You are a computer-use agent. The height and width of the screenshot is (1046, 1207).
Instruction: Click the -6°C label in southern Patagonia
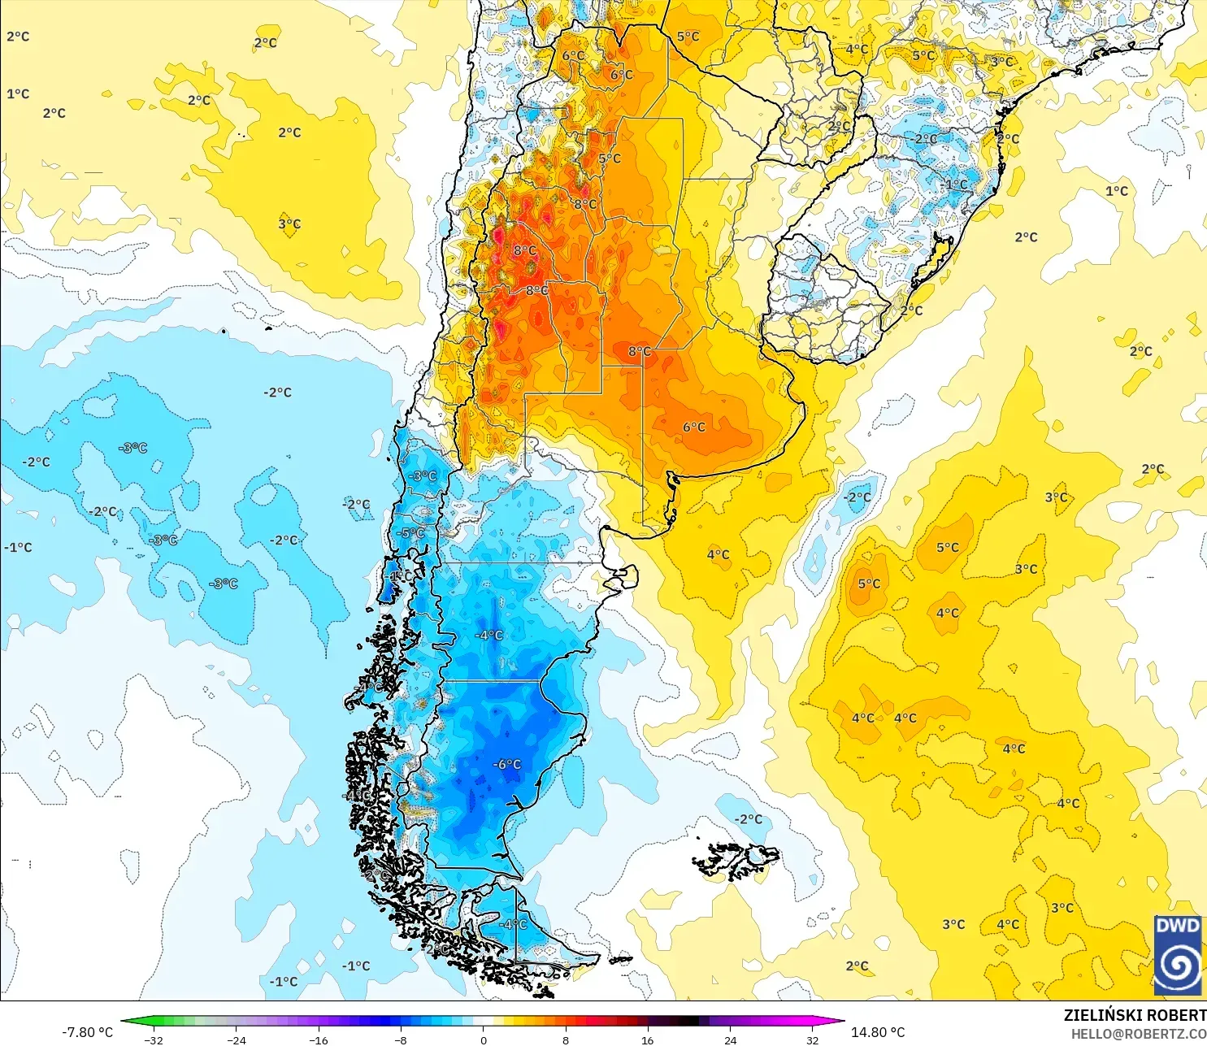pos(508,764)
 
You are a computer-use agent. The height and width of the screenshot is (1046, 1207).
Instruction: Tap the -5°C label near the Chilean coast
pos(412,533)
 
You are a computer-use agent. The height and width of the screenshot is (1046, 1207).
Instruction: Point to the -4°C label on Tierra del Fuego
pos(513,924)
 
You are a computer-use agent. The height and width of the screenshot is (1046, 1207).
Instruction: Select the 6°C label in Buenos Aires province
pos(694,427)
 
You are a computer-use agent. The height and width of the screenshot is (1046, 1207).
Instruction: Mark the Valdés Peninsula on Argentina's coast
pos(623,577)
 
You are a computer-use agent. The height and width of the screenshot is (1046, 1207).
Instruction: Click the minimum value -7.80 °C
pos(88,1032)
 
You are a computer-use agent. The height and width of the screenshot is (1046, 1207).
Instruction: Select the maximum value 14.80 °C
pos(878,1032)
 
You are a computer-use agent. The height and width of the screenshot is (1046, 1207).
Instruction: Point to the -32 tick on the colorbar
pos(154,1039)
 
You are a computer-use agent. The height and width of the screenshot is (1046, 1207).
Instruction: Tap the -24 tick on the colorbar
pos(236,1039)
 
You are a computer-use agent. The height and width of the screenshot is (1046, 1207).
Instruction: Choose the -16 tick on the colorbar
pos(319,1039)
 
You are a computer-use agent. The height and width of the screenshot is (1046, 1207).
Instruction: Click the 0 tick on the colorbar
pos(484,1039)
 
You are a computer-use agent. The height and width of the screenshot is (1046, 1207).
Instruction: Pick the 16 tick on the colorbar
pos(647,1039)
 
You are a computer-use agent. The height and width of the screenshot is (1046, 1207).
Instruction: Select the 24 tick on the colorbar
pos(730,1039)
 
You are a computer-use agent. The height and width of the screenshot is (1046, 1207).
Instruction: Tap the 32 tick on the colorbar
pos(812,1039)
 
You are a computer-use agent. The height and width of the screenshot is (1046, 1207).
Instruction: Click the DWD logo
pos(1178,955)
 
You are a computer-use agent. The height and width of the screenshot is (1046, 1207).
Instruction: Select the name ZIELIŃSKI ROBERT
pos(1135,1015)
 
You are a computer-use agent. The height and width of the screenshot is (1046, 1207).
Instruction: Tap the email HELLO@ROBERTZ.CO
pos(1138,1034)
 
